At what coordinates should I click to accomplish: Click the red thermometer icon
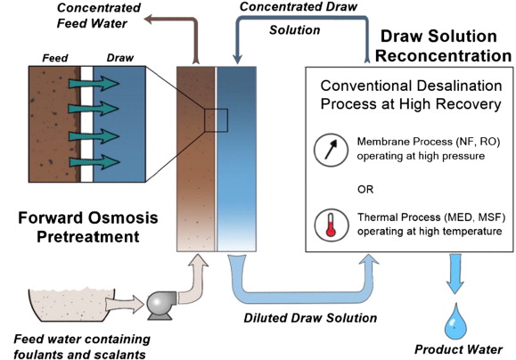click(x=331, y=225)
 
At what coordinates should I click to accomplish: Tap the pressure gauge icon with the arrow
click(x=331, y=150)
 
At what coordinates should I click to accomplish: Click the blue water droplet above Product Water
click(x=455, y=322)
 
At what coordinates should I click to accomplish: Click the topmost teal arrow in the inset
click(x=94, y=84)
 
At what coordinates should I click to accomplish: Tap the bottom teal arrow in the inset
click(x=94, y=162)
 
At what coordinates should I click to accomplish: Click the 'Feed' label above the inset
click(x=55, y=58)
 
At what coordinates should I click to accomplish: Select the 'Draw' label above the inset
click(x=120, y=58)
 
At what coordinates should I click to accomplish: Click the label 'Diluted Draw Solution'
click(x=310, y=318)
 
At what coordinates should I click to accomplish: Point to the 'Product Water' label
click(x=458, y=349)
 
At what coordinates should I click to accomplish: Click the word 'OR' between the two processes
click(x=365, y=190)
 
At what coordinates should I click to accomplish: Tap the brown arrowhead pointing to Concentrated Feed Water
click(x=149, y=19)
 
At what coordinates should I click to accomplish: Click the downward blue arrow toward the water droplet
click(x=455, y=274)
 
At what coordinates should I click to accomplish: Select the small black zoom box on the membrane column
click(x=216, y=120)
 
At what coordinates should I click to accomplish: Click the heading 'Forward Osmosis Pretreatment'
click(x=88, y=227)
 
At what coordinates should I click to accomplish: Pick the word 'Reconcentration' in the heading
click(x=443, y=55)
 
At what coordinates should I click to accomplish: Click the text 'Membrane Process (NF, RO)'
click(x=429, y=142)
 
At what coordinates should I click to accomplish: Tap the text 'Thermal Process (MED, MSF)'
click(x=431, y=217)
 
